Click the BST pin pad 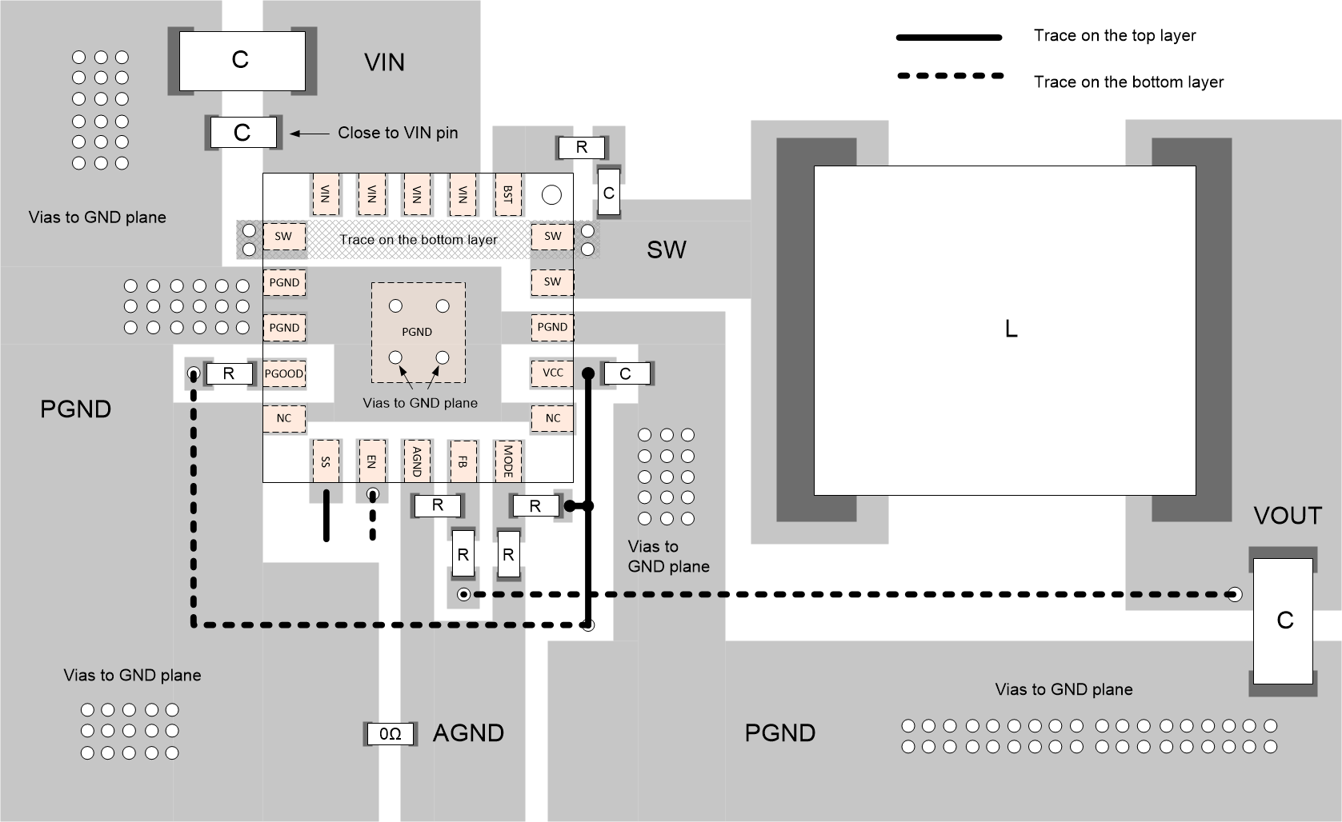507,194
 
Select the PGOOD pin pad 284,373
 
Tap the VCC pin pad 552,373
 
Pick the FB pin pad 462,461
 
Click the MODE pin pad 507,461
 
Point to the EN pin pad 371,461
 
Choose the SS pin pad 325,461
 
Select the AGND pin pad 416,461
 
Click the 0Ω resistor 391,734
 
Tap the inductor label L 1011,329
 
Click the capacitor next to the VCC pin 625,373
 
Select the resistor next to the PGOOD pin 229,373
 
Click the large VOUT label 1287,516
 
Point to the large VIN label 384,62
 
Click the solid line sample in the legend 949,37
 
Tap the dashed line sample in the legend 949,77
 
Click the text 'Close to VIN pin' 398,133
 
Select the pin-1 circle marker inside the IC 551,194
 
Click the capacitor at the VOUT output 1284,620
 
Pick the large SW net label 666,249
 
